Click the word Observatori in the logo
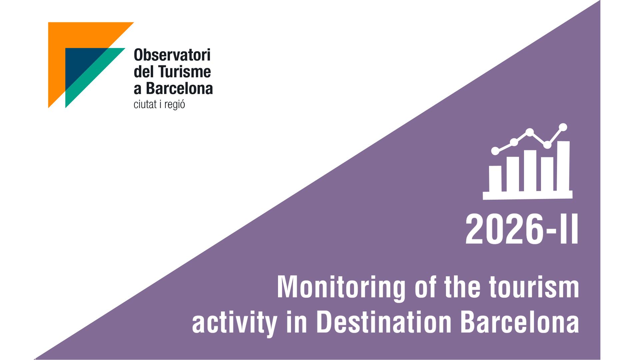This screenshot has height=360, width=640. [x=172, y=55]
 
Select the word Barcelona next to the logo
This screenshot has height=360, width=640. [x=179, y=88]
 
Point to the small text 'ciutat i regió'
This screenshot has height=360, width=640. [x=159, y=105]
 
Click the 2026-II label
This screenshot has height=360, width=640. [x=522, y=230]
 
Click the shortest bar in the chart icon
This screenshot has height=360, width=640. [x=495, y=179]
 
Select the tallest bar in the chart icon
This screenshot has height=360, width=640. [x=563, y=166]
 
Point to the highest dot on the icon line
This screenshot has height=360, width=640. [x=563, y=127]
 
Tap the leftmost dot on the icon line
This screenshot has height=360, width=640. [x=495, y=151]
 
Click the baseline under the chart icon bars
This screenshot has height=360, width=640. [x=528, y=195]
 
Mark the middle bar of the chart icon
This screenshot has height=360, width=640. [x=530, y=171]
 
